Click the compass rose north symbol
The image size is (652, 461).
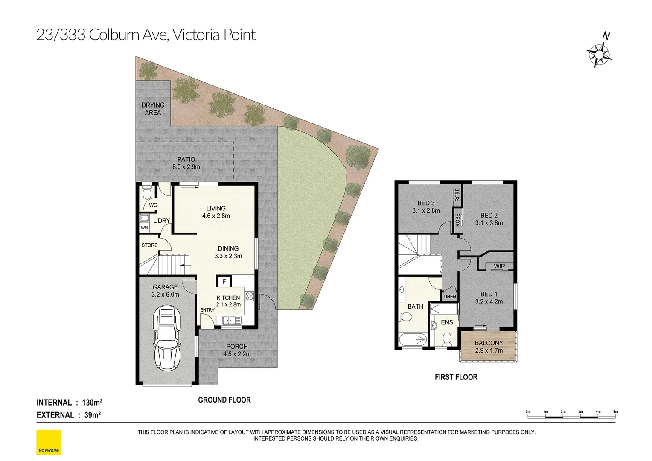[x=600, y=55]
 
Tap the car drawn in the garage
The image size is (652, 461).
[x=167, y=337]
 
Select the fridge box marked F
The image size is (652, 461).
[x=224, y=282]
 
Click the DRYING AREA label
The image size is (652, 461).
[x=153, y=109]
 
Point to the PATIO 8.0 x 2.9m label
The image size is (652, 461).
[x=186, y=163]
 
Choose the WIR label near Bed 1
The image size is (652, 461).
[x=499, y=266]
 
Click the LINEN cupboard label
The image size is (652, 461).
[x=450, y=296]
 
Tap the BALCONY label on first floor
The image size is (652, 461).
[x=489, y=343]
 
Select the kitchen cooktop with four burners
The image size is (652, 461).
[x=249, y=295]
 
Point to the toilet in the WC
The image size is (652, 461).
[x=146, y=193]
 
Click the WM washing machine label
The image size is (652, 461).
[x=144, y=228]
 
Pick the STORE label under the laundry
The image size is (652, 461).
[x=149, y=245]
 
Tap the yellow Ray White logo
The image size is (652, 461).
[x=49, y=442]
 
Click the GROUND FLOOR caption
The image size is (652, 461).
[x=224, y=400]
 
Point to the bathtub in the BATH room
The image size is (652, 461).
[x=412, y=340]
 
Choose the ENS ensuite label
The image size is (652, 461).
[x=447, y=322]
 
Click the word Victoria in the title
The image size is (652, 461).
[x=198, y=35]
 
